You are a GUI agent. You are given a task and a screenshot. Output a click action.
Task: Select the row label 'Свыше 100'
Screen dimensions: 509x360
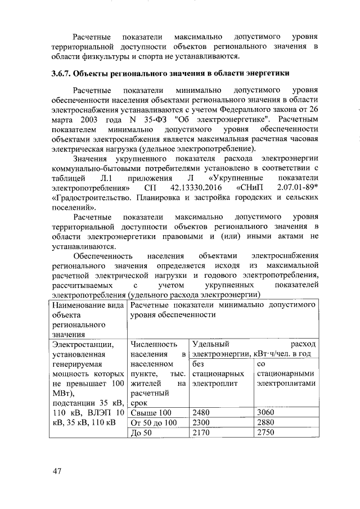coord(150,412)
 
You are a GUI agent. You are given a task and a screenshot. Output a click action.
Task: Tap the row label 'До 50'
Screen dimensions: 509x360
coord(141,433)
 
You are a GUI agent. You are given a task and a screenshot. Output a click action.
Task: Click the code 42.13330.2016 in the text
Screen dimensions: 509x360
coord(195,187)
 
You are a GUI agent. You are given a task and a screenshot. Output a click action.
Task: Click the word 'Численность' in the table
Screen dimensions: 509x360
coord(154,344)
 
